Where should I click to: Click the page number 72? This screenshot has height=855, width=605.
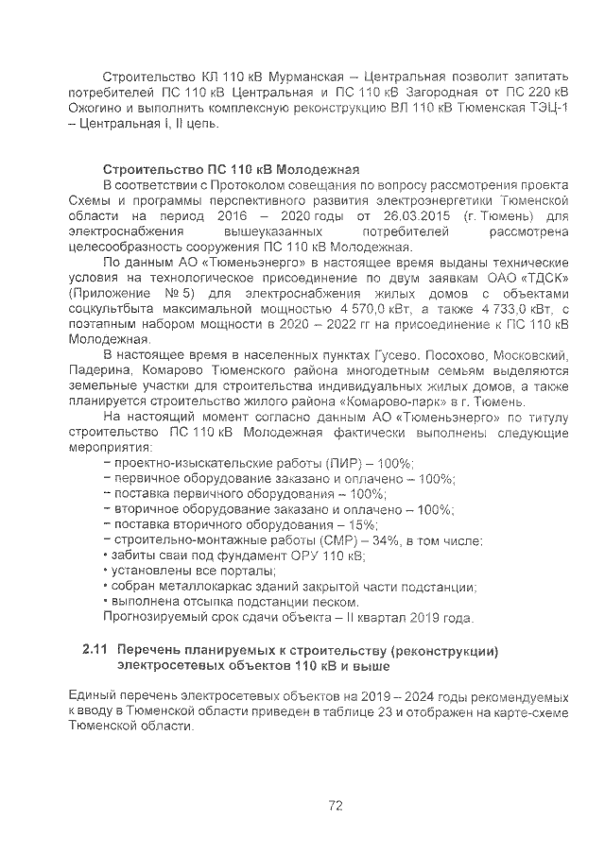tap(335, 805)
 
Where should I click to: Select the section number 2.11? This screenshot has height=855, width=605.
tap(95, 651)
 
